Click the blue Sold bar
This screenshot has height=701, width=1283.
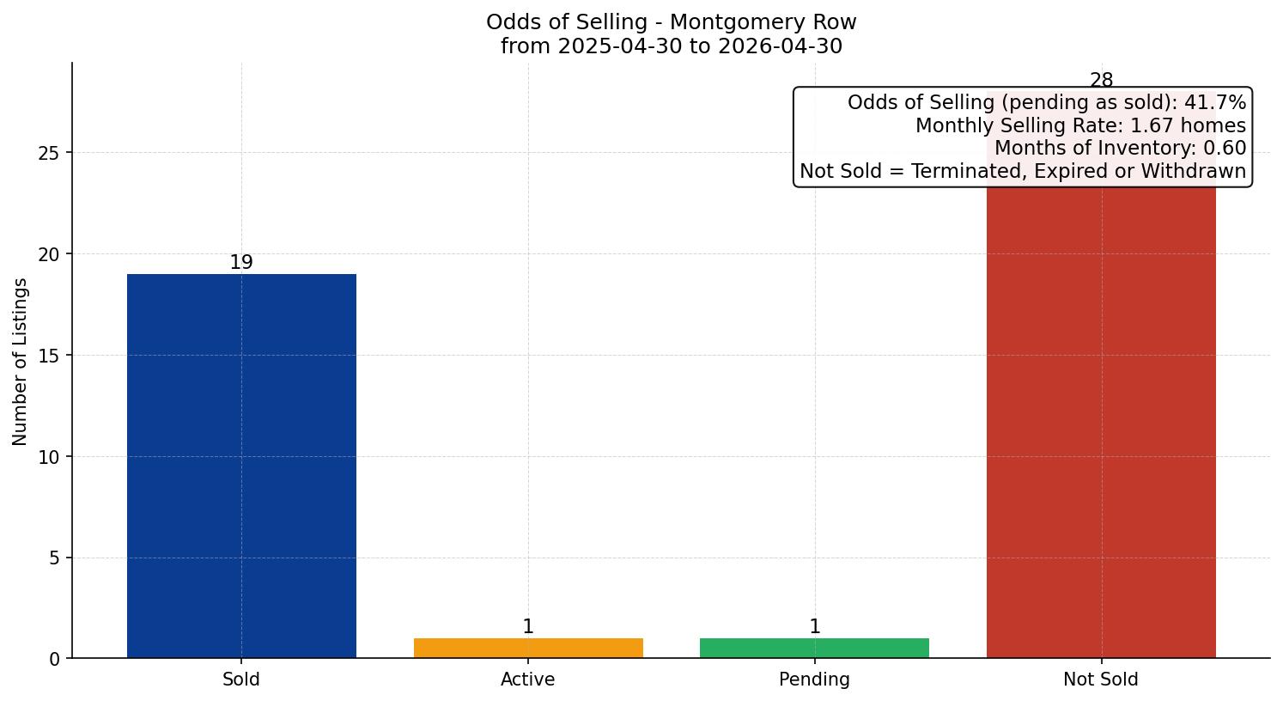241,466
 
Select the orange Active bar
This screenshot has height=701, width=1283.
528,648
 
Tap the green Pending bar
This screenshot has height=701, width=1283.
814,648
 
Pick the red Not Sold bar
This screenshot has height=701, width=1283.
1101,424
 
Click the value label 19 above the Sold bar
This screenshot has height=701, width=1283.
241,262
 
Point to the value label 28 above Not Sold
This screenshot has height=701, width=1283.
1101,80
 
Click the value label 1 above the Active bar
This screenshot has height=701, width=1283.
528,626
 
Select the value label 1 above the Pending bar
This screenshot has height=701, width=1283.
814,626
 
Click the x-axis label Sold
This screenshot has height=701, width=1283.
241,680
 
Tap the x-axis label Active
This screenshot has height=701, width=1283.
528,680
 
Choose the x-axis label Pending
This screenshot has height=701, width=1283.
814,680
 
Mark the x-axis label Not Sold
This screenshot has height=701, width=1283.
1101,680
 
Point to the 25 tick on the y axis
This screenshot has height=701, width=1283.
49,153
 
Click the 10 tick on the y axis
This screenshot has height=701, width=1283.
49,457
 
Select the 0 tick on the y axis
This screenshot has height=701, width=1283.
54,660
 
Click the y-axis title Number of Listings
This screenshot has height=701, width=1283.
20,362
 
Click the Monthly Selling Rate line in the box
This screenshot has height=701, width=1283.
1080,125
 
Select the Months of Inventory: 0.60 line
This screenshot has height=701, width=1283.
1121,148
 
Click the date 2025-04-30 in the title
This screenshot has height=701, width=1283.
620,46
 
